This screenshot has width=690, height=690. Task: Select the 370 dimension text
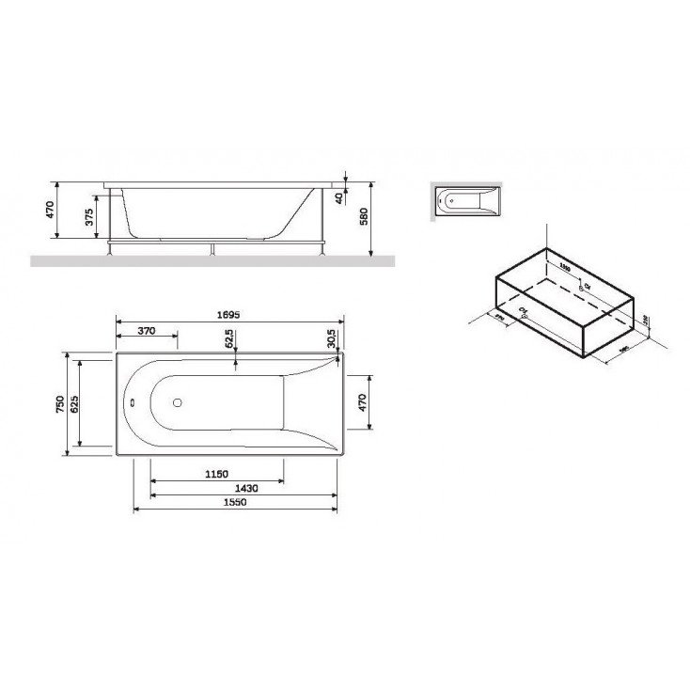(145, 332)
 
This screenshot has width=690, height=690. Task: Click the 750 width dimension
(61, 404)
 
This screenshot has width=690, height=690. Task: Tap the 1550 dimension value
(236, 503)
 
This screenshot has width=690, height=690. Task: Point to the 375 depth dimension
(89, 219)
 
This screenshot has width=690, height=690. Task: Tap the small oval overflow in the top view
(133, 405)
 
